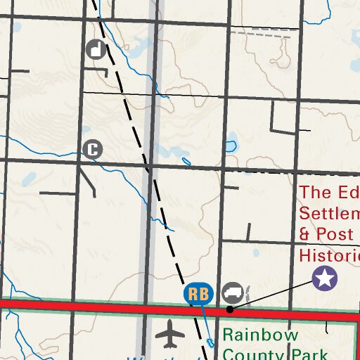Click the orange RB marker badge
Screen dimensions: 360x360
198,294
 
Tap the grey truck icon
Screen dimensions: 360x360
232,292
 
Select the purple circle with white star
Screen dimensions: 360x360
324,278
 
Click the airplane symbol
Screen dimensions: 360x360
170,334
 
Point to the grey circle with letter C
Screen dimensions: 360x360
92,149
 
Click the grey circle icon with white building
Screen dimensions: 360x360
96,49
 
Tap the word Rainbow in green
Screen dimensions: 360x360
260,335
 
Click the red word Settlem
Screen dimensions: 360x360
329,213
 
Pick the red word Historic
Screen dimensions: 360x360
329,254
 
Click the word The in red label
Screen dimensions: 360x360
315,193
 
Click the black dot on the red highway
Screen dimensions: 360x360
230,309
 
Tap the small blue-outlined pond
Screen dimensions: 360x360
230,147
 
